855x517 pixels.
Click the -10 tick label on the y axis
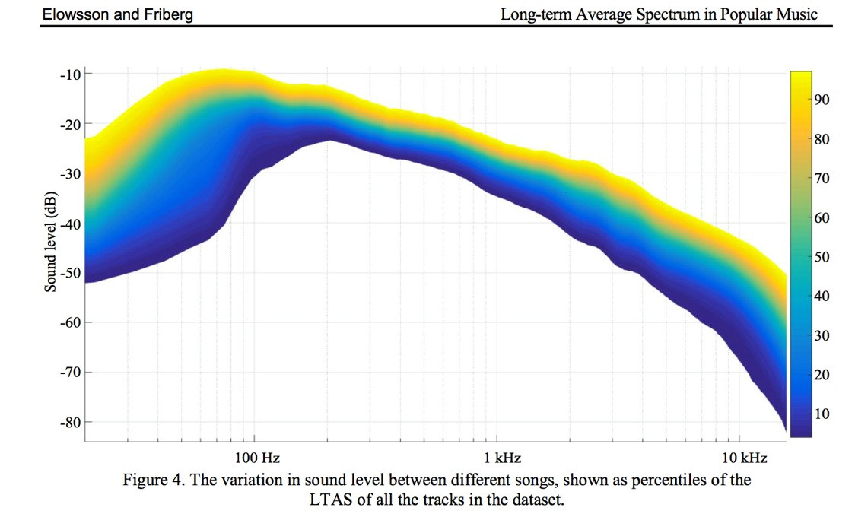tap(70, 74)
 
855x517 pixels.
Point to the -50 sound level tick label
tap(70, 273)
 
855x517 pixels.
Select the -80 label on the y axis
tap(70, 422)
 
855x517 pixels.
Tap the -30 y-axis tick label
tap(70, 174)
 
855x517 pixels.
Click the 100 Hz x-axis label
tap(257, 458)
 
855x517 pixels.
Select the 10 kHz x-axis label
tap(744, 458)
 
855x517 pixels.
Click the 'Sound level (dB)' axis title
tap(50, 241)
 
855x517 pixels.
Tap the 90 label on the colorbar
tap(822, 100)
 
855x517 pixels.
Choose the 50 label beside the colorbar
tap(822, 256)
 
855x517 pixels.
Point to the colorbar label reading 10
tap(822, 414)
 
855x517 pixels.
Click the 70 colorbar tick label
tap(822, 178)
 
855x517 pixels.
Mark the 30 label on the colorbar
tap(822, 335)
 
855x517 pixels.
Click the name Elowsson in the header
tap(76, 14)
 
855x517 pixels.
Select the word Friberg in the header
tap(169, 14)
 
